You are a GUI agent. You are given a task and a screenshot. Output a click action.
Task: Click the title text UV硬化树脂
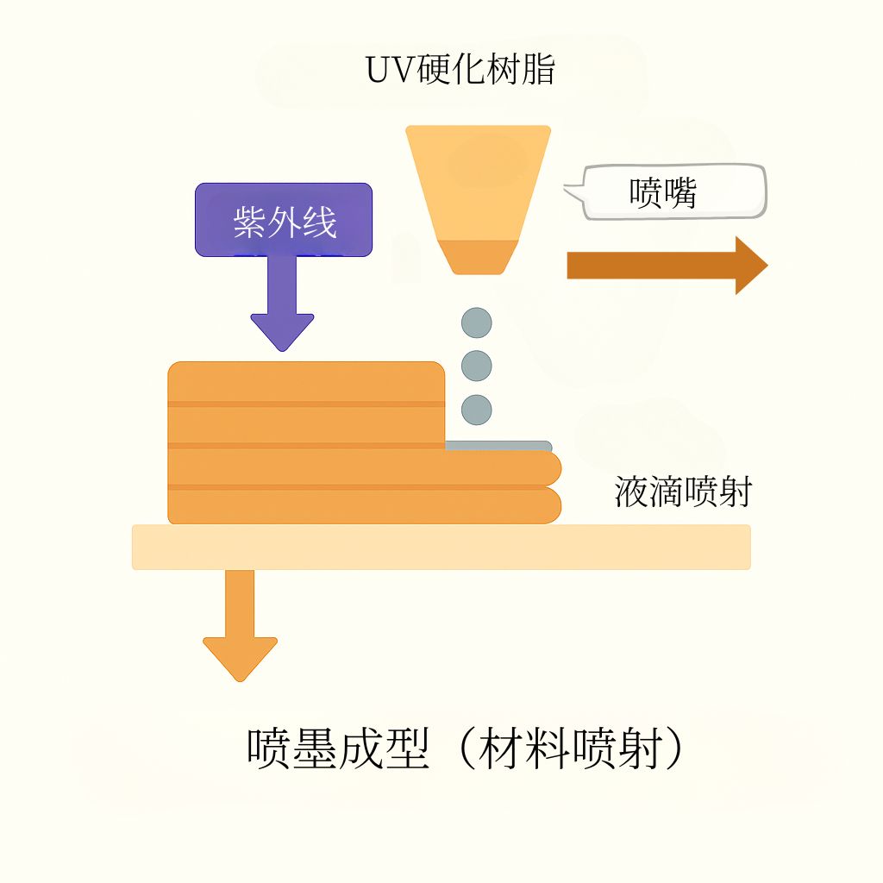(x=460, y=70)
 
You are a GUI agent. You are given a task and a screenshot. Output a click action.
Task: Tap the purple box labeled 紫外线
(x=283, y=220)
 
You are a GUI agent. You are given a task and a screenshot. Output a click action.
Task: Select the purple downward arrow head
(x=282, y=332)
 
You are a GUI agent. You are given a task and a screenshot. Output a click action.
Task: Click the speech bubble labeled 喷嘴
(x=667, y=192)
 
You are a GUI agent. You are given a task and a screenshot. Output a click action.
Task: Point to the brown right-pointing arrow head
(x=751, y=266)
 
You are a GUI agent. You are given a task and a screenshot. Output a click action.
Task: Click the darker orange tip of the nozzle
(x=478, y=257)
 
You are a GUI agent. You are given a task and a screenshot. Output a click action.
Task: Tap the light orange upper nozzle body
(x=478, y=183)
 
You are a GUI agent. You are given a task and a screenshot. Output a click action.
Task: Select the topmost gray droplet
(x=476, y=323)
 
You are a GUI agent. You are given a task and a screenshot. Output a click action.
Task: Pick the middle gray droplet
(x=476, y=366)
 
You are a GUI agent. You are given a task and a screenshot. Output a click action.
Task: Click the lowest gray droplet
(x=476, y=410)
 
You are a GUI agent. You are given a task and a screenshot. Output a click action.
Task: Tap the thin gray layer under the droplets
(x=498, y=446)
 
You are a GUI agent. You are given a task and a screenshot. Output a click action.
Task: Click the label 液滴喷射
(x=683, y=492)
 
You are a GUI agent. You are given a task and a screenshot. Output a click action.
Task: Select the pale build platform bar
(x=441, y=547)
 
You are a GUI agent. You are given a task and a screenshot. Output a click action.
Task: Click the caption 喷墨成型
(x=338, y=748)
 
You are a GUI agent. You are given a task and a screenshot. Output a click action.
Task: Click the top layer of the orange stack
(x=306, y=382)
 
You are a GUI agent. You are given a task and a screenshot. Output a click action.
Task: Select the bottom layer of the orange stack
(x=365, y=506)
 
